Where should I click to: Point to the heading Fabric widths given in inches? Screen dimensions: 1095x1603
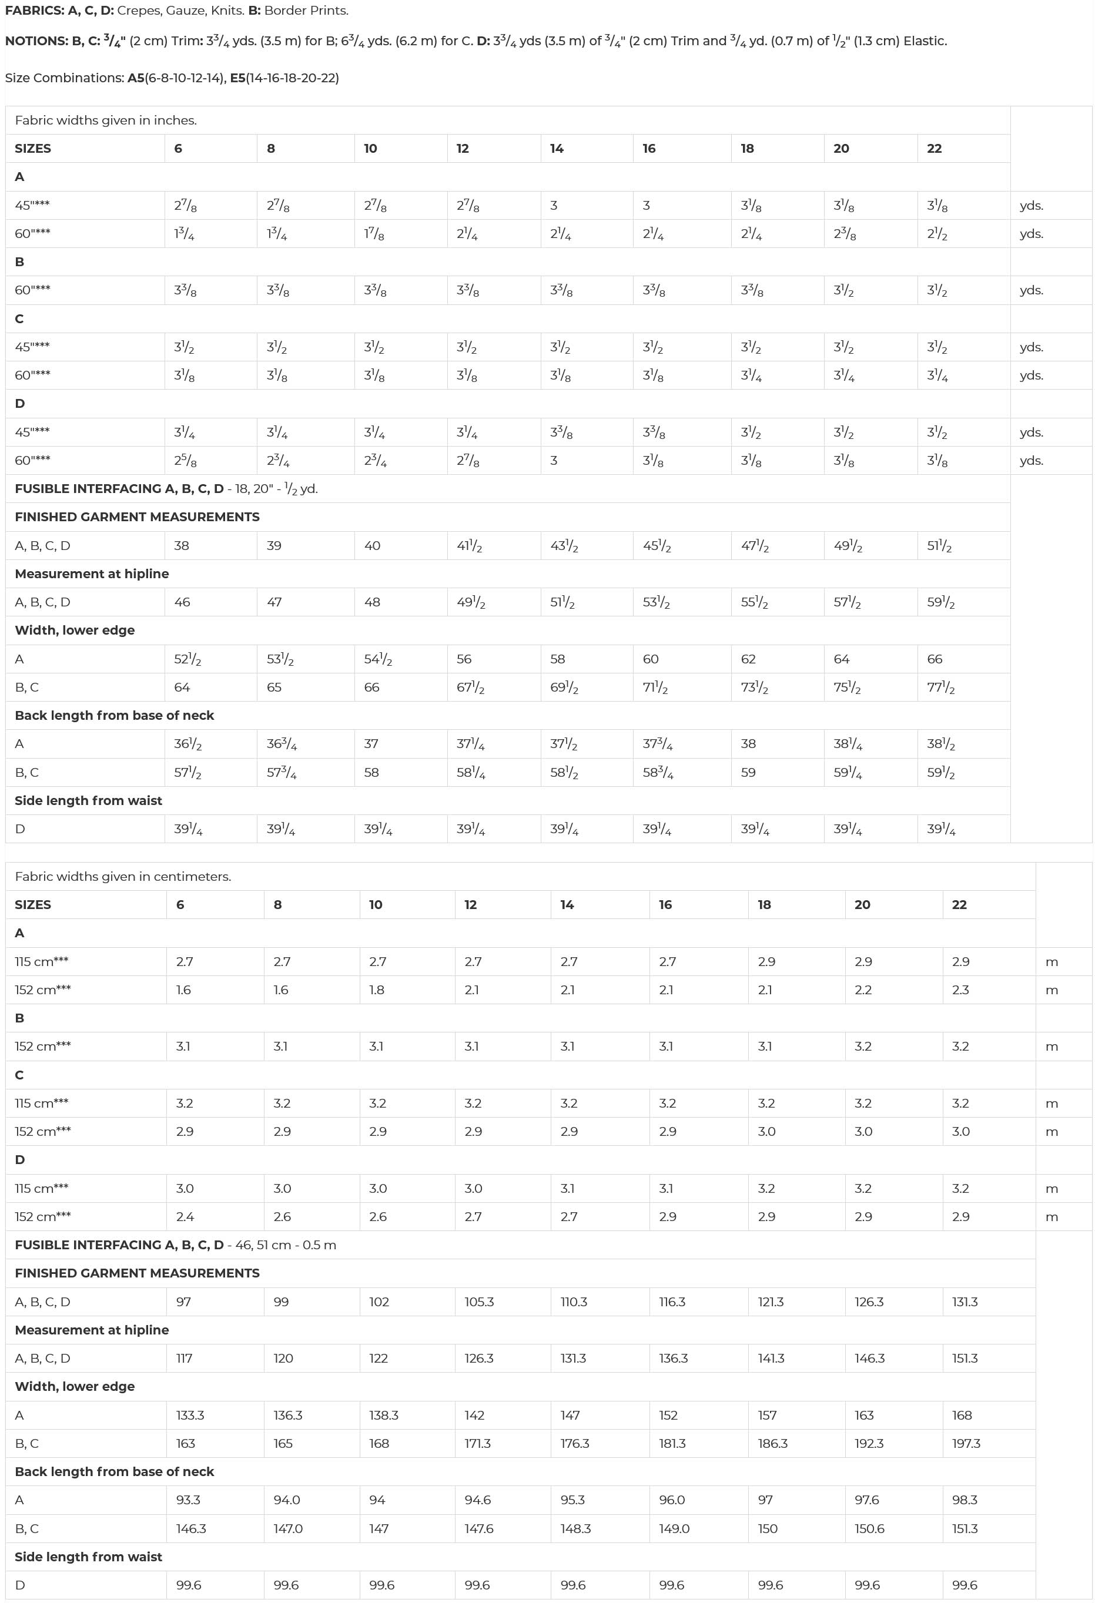(106, 120)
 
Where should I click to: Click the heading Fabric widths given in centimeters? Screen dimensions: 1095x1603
(123, 877)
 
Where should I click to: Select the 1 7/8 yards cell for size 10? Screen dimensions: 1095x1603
(374, 234)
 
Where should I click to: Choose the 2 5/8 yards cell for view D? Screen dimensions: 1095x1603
(185, 460)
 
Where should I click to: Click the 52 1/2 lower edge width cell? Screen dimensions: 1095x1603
(187, 659)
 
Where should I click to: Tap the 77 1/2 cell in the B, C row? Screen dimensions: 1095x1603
(940, 687)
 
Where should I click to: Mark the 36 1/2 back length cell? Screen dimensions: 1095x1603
(187, 743)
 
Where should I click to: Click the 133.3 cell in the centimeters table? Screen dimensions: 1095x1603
(190, 1416)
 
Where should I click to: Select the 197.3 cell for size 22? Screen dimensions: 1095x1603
(966, 1444)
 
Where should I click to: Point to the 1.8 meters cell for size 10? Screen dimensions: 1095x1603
(377, 990)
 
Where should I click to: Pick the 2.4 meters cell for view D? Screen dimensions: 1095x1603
(185, 1217)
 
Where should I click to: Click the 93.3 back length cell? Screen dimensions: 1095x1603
(188, 1500)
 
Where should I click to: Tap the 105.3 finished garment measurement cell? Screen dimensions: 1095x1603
(479, 1302)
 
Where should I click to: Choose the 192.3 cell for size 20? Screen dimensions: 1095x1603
(869, 1444)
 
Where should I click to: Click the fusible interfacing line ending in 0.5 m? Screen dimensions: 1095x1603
(175, 1245)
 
